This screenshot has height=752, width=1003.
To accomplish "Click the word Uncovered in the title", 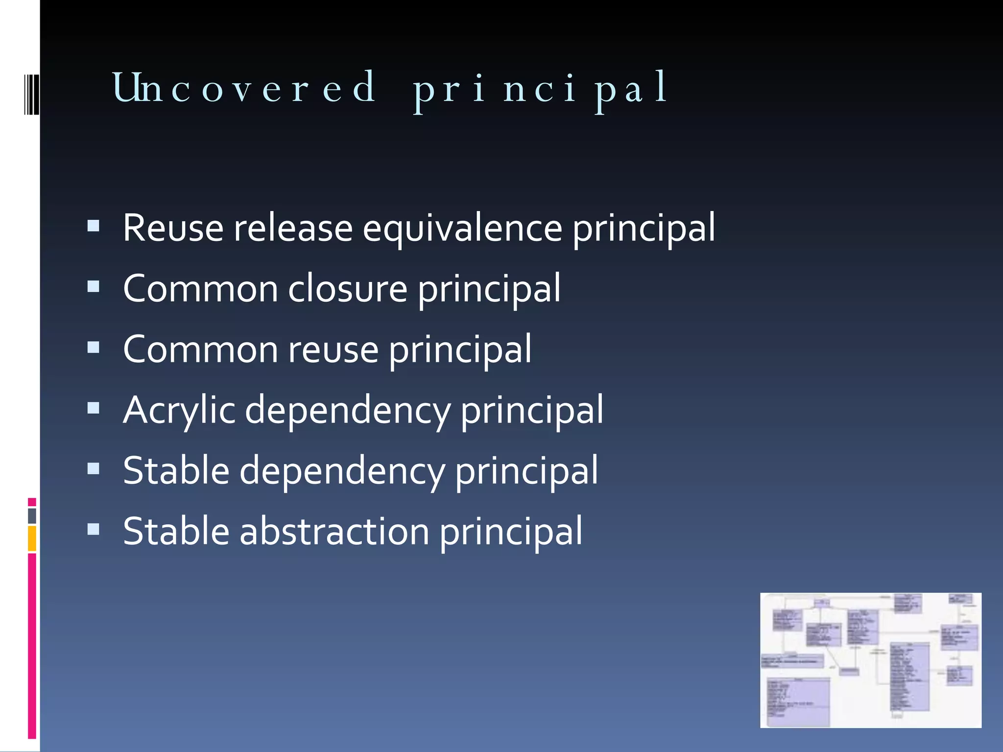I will (244, 88).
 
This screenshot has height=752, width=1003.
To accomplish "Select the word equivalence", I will (462, 228).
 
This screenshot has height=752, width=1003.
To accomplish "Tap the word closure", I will (347, 289).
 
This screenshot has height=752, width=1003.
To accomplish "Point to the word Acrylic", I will (179, 410).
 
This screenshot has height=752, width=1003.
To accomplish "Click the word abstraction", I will (334, 532).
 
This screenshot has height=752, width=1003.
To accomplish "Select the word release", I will (293, 228).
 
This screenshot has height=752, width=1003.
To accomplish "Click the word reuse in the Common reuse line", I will (333, 350).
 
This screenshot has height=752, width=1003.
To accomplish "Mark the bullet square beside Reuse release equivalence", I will (94, 226).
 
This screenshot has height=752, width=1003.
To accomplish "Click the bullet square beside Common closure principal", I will (94, 286).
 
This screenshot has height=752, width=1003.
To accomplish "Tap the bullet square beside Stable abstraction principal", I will (94, 529).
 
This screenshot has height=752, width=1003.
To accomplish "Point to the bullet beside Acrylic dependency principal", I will (94, 408).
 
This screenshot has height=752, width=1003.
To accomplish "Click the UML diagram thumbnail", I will (870, 660).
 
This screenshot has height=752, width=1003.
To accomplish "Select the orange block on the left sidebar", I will (32, 539).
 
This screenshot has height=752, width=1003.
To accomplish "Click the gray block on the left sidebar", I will (32, 516).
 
